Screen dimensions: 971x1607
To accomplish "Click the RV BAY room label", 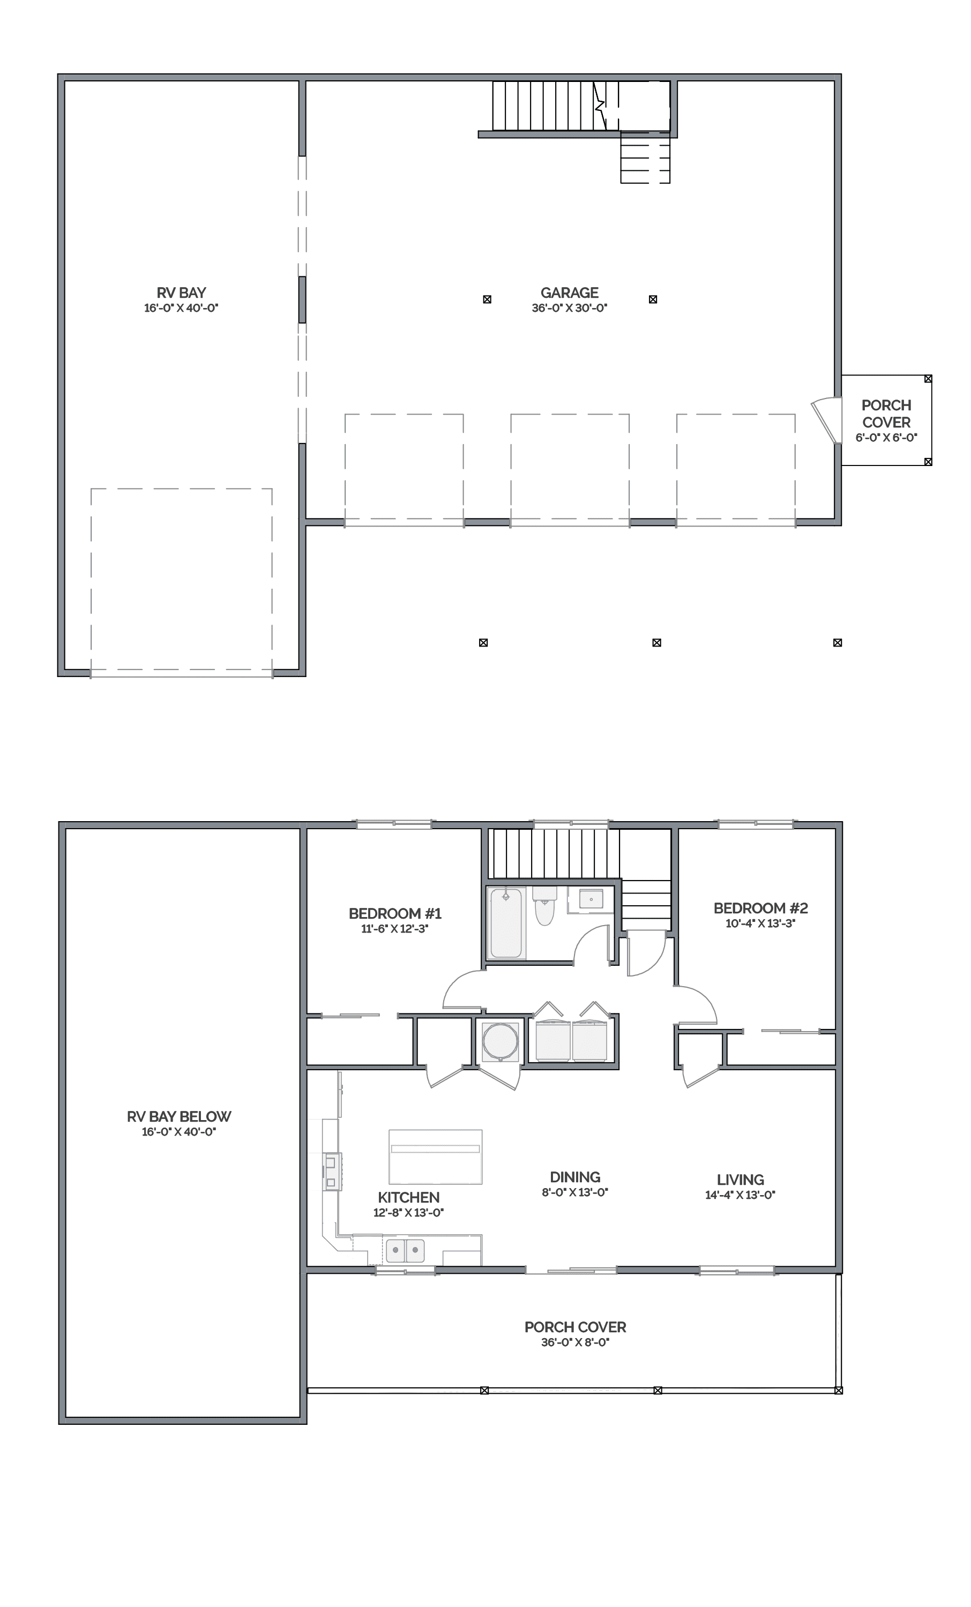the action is (x=181, y=293).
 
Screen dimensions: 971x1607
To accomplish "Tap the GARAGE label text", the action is (x=569, y=293).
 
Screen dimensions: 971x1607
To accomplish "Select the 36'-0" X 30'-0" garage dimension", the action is (x=569, y=308).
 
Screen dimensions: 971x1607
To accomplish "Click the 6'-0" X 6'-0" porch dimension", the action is (x=886, y=438).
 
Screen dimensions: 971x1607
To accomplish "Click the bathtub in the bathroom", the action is (x=506, y=923).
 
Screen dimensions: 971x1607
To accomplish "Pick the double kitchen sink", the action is (x=405, y=1250).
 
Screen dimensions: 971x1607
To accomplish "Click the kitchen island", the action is (x=435, y=1157).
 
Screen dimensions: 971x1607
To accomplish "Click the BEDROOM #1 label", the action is (x=395, y=913).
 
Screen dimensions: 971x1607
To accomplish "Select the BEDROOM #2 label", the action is (x=760, y=908).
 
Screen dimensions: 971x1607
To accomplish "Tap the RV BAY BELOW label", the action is (x=179, y=1116).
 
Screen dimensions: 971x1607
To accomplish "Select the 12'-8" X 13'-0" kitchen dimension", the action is (x=408, y=1212).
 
